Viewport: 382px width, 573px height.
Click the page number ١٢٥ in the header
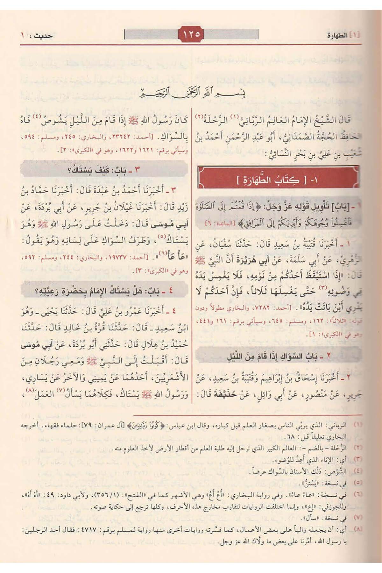[x=191, y=34]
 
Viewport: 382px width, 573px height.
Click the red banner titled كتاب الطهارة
[x=278, y=180]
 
